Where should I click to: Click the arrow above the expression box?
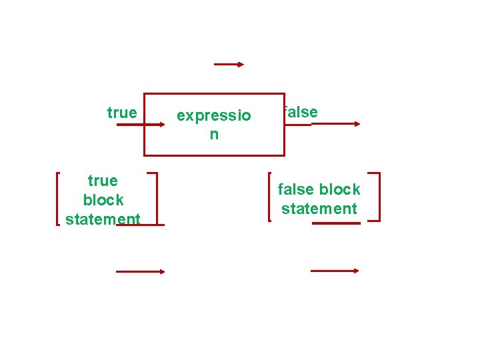coord(229,65)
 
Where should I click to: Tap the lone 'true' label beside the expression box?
coord(121,113)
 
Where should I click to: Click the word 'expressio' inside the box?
coord(213,116)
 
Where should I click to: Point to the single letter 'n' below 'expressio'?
coord(213,135)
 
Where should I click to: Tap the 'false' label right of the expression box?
coord(301,112)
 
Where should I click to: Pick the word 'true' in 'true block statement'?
coord(103,181)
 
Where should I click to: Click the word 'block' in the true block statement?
coord(103,200)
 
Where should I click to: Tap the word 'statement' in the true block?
coord(103,219)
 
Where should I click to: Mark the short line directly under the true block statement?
coord(140,225)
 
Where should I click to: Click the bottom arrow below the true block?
coord(140,271)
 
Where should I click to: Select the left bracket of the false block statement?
coord(269,197)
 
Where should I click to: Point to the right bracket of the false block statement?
coord(377,197)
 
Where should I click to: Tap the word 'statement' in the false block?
coord(319,209)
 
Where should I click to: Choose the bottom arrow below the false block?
coord(335,271)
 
